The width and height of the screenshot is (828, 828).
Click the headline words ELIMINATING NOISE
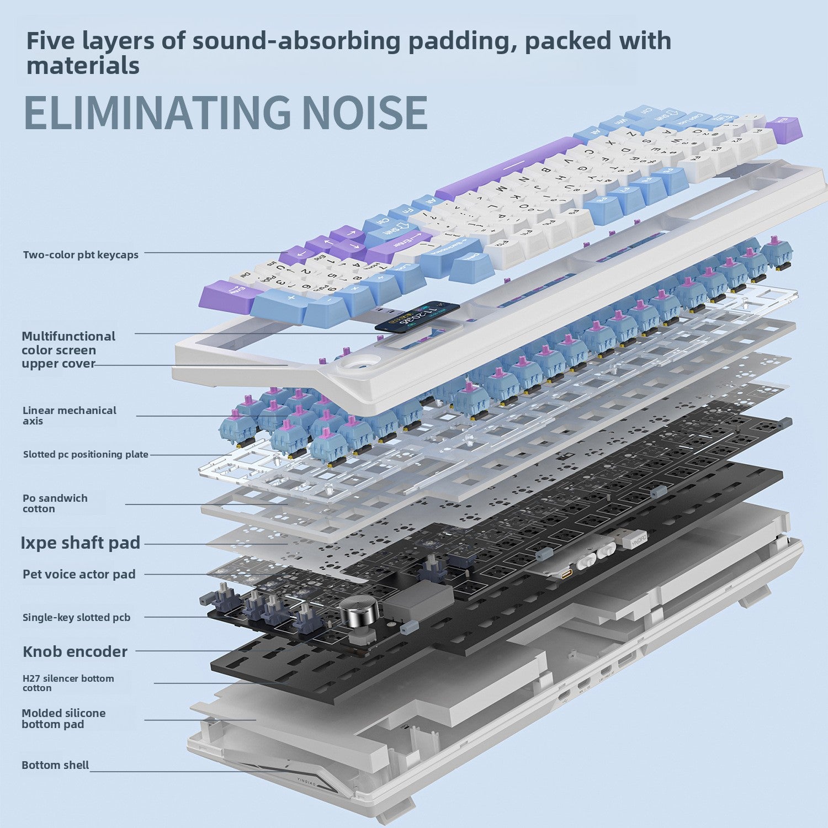225,113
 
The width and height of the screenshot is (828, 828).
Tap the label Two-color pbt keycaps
81,254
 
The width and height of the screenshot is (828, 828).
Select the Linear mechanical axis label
70,415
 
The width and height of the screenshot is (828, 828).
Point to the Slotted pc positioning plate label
86,454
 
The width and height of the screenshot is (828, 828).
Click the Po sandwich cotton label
55,503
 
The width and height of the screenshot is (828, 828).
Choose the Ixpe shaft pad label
81,543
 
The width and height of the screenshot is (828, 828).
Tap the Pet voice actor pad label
79,574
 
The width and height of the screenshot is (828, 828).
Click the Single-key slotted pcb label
76,617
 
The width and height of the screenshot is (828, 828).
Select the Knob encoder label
75,651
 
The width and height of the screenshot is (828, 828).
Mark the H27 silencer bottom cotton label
68,683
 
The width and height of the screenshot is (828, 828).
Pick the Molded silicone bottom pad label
63,718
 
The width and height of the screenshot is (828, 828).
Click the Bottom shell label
55,765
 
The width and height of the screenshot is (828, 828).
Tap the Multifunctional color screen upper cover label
68,349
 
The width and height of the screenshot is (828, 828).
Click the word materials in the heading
83,66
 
